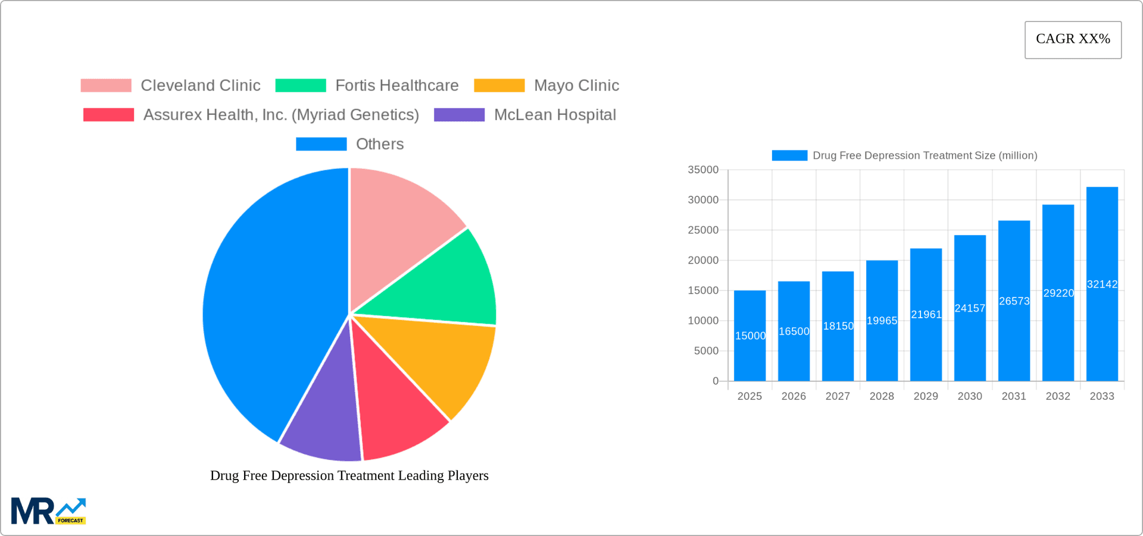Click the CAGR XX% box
[x=1073, y=40]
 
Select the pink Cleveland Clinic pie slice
[x=399, y=226]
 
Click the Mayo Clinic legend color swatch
[x=499, y=86]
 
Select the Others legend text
[x=379, y=144]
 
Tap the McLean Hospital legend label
[x=554, y=115]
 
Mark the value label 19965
[x=882, y=321]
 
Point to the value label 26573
[x=1014, y=301]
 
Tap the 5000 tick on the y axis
[x=705, y=351]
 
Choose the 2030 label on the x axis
[x=970, y=396]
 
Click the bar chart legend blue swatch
[x=789, y=155]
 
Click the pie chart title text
[x=349, y=475]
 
